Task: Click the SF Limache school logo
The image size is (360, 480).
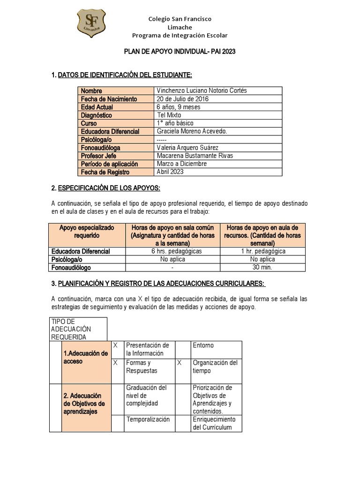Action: tap(91, 23)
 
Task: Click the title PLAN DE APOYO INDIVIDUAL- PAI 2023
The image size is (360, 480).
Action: tap(180, 52)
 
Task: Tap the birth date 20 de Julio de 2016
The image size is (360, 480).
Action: tap(183, 99)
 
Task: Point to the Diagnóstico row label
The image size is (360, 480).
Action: tap(96, 115)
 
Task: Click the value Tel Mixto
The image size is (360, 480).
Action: tap(169, 115)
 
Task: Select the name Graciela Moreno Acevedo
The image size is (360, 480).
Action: tap(192, 131)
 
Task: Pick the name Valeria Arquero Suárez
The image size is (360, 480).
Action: tap(187, 148)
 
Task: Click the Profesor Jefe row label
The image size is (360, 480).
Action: tap(98, 156)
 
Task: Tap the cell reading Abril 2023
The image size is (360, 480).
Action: tap(170, 172)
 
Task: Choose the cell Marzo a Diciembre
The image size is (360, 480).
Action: tap(181, 164)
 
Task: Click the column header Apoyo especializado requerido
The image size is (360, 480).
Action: tap(87, 231)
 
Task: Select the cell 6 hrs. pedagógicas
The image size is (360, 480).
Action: tap(173, 251)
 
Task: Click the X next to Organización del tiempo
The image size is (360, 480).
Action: tap(179, 363)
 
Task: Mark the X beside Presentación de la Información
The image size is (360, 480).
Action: tap(115, 345)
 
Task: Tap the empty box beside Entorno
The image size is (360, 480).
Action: tap(182, 349)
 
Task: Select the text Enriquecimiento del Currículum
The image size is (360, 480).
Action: tap(214, 423)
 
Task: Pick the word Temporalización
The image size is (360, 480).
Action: tap(148, 420)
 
